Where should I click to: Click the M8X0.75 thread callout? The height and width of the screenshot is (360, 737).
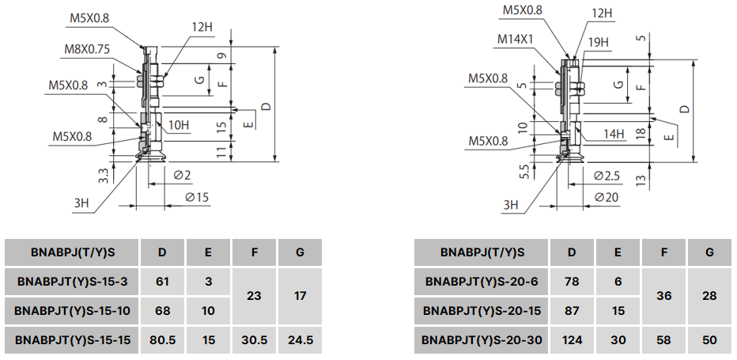[x=87, y=48]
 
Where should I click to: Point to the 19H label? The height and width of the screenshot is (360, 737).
[x=598, y=41]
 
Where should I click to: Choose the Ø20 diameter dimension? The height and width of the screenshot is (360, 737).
[x=607, y=196]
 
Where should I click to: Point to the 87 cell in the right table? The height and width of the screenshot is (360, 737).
[x=572, y=310]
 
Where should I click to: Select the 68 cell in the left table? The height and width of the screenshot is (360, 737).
[x=162, y=310]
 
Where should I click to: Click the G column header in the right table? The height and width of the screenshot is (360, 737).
[x=709, y=252]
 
